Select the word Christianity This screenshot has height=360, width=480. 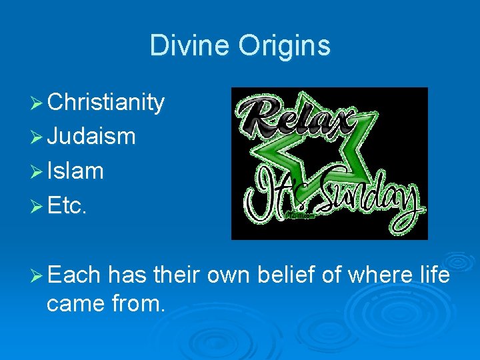(x=106, y=103)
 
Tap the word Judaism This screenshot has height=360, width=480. (x=91, y=137)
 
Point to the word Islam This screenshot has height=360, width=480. (x=75, y=171)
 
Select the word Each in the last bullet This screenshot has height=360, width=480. (x=74, y=274)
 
